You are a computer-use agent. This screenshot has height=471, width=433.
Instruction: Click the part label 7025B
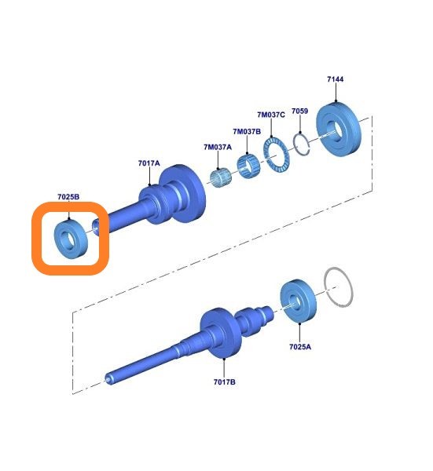[x=68, y=197]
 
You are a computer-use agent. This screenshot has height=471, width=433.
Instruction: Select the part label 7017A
[x=149, y=163]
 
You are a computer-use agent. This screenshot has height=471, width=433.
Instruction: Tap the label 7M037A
[x=218, y=148]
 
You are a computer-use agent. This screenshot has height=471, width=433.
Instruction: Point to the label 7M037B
[x=247, y=132]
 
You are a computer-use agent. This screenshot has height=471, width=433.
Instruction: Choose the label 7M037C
[x=271, y=115]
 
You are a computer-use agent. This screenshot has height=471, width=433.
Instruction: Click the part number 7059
[x=299, y=111]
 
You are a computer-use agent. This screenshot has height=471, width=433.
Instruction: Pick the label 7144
[x=336, y=79]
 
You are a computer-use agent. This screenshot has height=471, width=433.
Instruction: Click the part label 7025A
[x=300, y=347]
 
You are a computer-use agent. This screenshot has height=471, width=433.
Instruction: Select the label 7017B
[x=224, y=382]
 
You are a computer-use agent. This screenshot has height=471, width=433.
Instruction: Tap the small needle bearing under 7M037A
[x=220, y=178]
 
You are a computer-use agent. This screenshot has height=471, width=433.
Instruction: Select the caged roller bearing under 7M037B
[x=248, y=165]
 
